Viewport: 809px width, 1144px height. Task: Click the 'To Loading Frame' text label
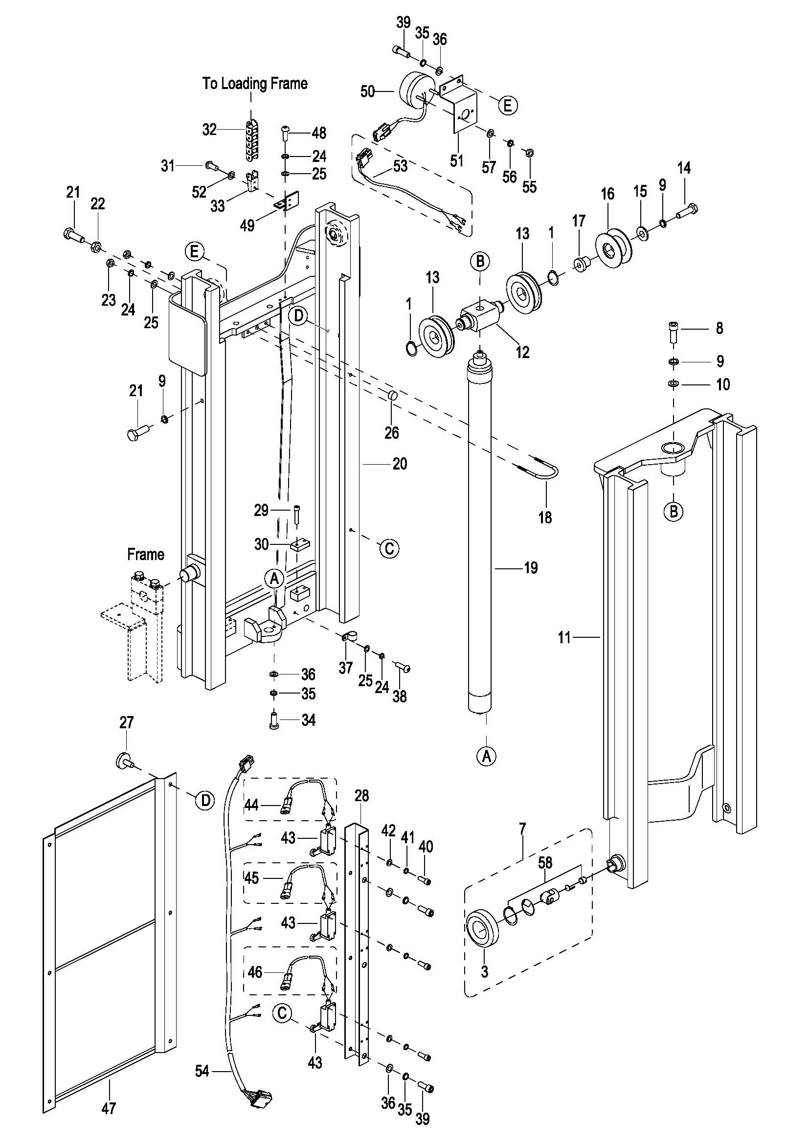coord(254,83)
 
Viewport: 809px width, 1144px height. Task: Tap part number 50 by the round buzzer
coord(367,91)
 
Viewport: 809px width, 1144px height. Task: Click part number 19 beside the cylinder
coord(531,567)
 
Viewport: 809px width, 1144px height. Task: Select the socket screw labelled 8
coord(674,331)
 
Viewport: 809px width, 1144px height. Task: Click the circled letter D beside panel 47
coord(205,800)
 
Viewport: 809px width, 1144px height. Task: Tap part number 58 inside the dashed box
coord(545,862)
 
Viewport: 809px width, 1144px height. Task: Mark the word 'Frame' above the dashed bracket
coord(145,554)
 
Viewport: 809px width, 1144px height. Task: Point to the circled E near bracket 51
coord(508,105)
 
